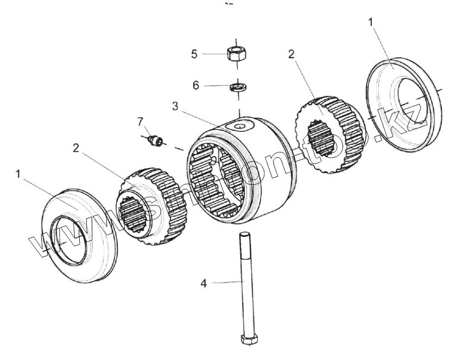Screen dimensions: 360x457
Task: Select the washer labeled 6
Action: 237,86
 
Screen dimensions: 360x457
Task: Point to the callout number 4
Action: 204,283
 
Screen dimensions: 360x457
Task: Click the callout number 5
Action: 195,54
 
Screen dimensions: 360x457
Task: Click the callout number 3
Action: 175,106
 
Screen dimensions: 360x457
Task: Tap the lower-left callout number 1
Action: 18,175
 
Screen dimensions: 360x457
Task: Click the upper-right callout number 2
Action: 291,54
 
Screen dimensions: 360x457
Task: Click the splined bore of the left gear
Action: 132,215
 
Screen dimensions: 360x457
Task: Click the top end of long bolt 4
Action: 244,235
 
